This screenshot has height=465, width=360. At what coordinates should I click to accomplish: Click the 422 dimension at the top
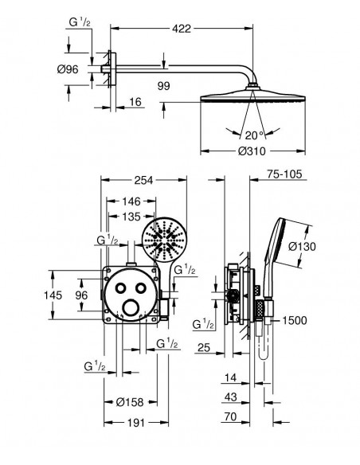point(182,29)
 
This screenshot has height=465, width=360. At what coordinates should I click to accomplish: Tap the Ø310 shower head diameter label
point(252,151)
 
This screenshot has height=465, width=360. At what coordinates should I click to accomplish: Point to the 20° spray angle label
point(254,135)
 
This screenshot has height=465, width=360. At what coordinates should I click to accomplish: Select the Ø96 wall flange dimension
point(68,69)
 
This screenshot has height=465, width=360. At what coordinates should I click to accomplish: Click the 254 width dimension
point(143,180)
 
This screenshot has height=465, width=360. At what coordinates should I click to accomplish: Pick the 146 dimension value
point(131,201)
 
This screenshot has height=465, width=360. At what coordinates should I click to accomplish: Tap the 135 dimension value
point(131,217)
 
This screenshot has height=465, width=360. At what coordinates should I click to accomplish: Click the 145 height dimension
point(53,295)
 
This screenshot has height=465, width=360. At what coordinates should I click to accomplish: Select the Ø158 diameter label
point(130,402)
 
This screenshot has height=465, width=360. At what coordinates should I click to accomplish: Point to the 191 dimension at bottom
point(136,423)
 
